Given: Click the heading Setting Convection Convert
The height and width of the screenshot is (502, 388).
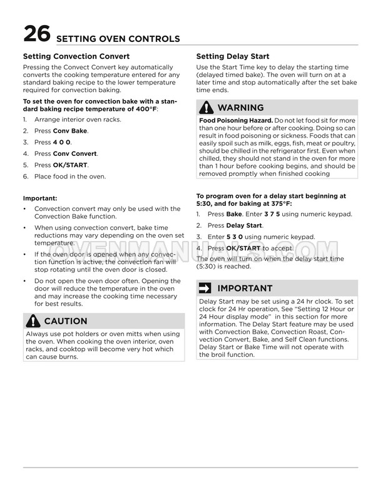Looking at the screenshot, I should pos(76,56).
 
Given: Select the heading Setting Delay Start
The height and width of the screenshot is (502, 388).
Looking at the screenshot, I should pos(233,56).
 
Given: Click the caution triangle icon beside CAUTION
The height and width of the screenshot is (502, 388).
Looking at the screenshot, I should pos(33,321).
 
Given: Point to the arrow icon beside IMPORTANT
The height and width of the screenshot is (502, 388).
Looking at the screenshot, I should pos(206,289).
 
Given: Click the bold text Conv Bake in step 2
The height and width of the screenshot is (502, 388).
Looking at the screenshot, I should pos(70,131).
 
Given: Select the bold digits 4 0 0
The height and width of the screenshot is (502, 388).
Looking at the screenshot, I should pos(62,142).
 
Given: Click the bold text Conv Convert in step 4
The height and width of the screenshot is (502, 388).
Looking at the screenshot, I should pos(75,153).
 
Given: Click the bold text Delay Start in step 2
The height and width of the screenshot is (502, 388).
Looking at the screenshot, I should pos(244,225).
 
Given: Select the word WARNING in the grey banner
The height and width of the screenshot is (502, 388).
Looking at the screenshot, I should pos(240,107).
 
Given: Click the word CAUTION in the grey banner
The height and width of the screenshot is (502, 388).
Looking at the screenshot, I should pos(66,321).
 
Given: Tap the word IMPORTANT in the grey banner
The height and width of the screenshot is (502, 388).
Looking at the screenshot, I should pos(245,289).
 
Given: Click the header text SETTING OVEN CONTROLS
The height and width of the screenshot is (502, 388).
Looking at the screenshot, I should pos(118,39).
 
